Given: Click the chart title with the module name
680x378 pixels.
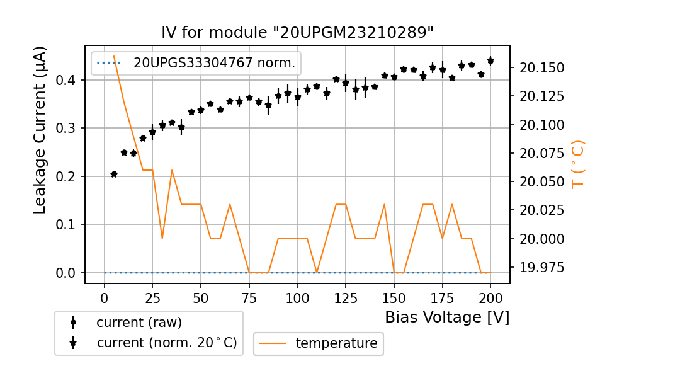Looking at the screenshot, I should point(298,33).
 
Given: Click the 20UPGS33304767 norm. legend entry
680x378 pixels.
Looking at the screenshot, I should point(214,62).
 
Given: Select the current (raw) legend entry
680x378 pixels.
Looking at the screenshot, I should point(139,323).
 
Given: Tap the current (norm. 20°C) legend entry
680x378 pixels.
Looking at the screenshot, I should point(166,343).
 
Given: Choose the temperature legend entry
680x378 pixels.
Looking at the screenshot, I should point(336,343).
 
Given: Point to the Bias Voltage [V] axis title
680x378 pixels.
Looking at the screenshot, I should point(447,318).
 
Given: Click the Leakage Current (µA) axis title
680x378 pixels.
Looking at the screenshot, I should point(40,130).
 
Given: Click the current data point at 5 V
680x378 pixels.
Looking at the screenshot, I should point(114,174).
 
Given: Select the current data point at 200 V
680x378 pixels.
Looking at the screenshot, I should point(490,60).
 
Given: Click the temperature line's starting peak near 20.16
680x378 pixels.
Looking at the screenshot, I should point(114,56).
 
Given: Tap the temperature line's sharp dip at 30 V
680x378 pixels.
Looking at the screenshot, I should point(162,238).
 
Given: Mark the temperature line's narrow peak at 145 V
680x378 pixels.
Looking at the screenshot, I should point(384,204).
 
